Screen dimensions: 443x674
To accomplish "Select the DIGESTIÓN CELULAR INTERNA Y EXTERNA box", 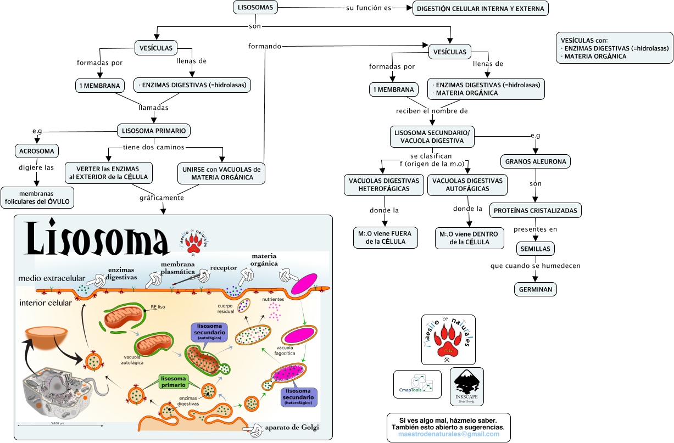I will (x=481, y=9).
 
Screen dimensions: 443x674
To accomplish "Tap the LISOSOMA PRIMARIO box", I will (x=154, y=131).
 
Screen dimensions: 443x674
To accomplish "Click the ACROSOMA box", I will (x=36, y=151).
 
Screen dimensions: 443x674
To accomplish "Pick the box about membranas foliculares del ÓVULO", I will (x=37, y=197).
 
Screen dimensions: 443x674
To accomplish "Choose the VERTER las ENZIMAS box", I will (x=108, y=173).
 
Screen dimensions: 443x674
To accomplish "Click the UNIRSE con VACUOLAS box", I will (x=221, y=173).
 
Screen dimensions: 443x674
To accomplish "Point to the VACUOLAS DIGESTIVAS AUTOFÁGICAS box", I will (x=467, y=185).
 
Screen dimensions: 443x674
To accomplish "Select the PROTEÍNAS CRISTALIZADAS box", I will (x=535, y=210).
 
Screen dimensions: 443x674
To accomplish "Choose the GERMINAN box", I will (x=536, y=289).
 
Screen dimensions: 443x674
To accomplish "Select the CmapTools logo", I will (x=417, y=384).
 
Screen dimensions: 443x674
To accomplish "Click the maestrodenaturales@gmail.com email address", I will (x=450, y=434).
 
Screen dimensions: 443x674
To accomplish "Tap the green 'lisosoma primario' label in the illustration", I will (x=173, y=381).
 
